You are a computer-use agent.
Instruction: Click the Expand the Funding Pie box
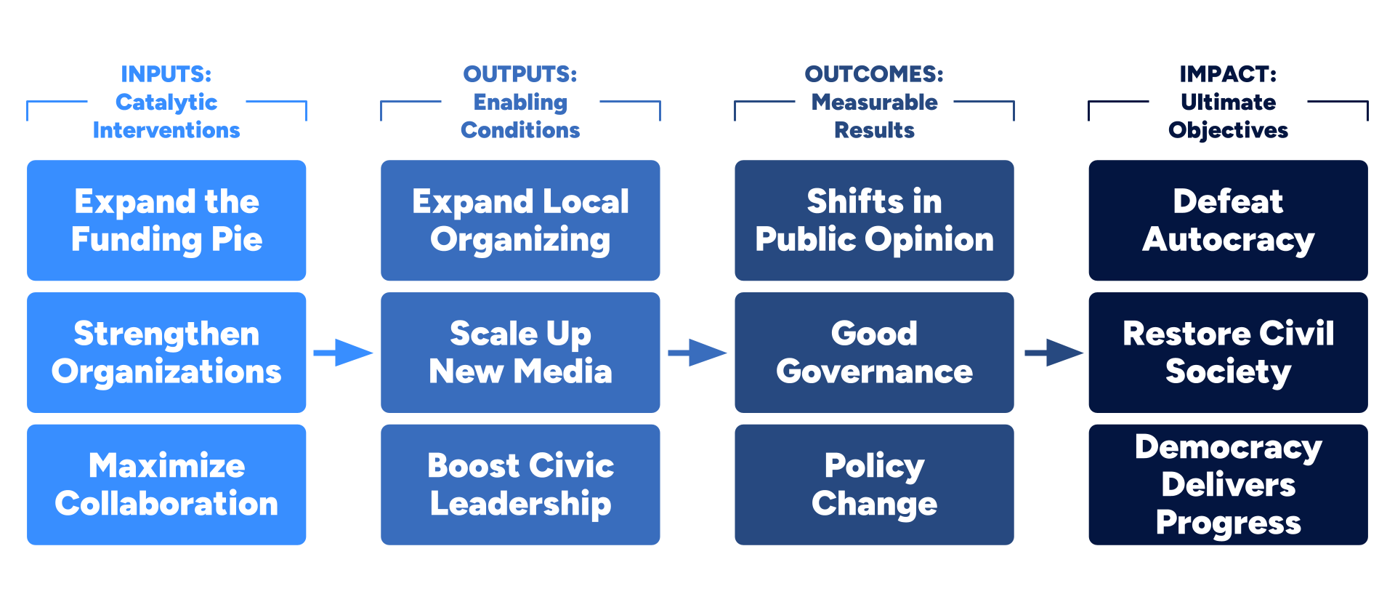(166, 220)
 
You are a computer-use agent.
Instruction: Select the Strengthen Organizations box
(166, 353)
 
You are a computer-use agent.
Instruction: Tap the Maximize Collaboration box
(166, 484)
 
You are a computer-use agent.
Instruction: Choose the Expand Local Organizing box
(520, 220)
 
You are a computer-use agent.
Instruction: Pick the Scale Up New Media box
(520, 353)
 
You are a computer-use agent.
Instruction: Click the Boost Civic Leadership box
(520, 484)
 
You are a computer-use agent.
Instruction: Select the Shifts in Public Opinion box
(874, 220)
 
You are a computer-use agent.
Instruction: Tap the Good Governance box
(874, 353)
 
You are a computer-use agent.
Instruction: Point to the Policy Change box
(874, 484)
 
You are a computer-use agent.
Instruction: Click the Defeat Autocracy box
(1228, 220)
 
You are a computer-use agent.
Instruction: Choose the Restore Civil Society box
(1228, 353)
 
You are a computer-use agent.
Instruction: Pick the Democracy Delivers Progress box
(1228, 484)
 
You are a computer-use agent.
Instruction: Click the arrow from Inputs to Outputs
(343, 353)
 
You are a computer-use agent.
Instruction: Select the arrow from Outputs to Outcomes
(697, 353)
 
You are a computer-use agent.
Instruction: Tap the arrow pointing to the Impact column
(1053, 353)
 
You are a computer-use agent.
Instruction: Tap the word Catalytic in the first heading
(166, 102)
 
